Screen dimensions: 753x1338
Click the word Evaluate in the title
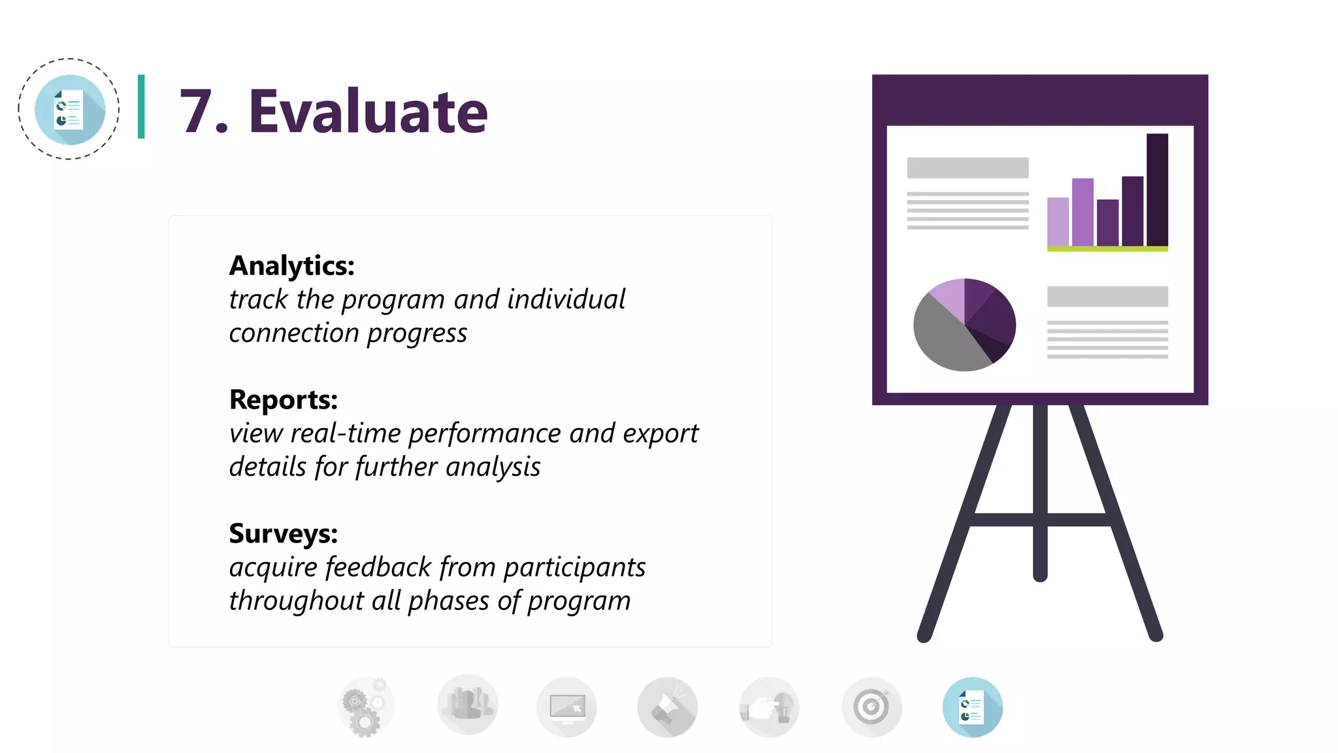(x=368, y=112)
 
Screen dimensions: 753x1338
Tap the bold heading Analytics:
(x=291, y=266)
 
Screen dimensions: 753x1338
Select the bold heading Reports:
(x=283, y=399)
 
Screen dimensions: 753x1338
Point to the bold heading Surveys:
(x=283, y=533)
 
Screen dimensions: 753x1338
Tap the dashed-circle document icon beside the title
(x=69, y=109)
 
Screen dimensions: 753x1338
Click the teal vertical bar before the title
(x=141, y=107)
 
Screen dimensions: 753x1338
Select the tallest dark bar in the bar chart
(x=1157, y=190)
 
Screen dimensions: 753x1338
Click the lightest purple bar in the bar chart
(x=1058, y=222)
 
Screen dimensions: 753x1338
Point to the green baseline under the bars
(x=1107, y=249)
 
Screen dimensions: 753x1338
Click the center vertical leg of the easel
(x=1040, y=490)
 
